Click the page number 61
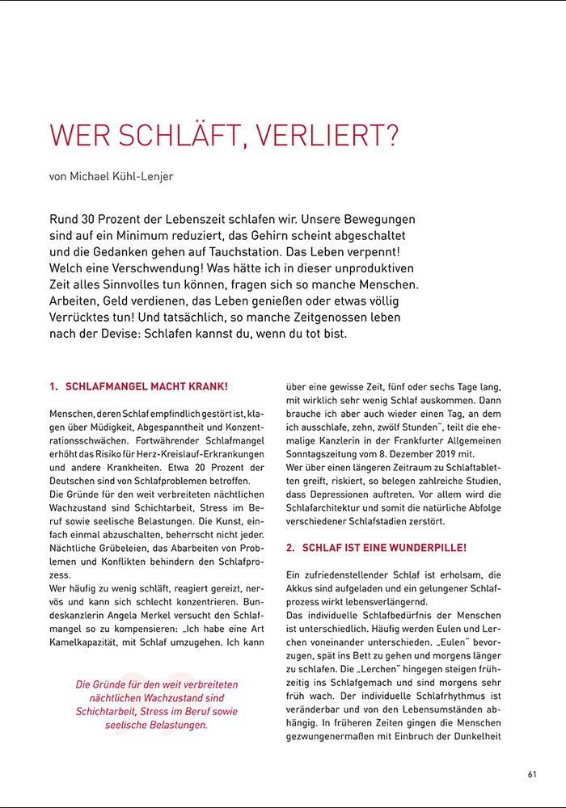[532, 774]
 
